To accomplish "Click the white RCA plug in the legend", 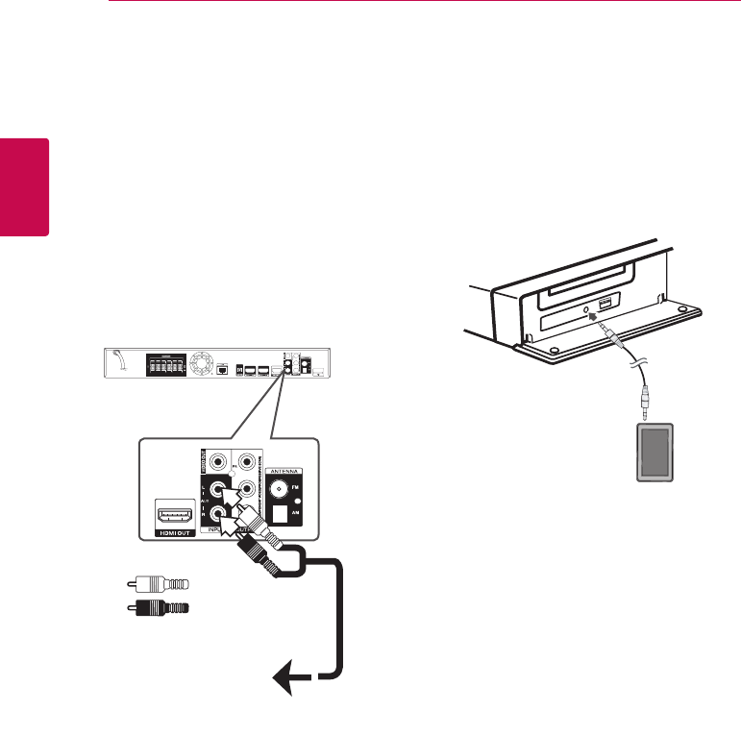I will (x=159, y=583).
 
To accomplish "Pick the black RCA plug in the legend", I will (x=159, y=607).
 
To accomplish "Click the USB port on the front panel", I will (x=605, y=305).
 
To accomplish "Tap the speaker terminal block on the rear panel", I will (x=165, y=365).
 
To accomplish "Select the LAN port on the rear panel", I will (x=223, y=368).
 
